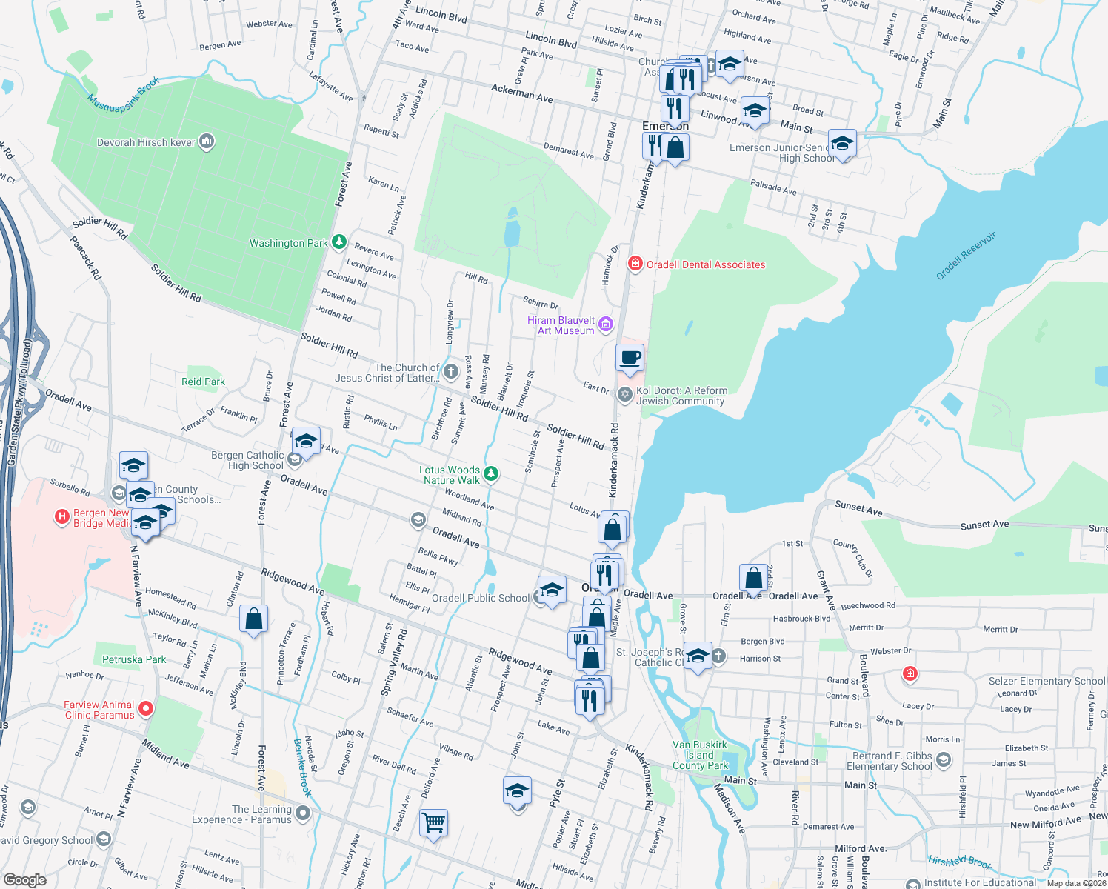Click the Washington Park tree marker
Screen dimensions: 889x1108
[x=338, y=242]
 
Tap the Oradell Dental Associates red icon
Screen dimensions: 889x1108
[x=635, y=264]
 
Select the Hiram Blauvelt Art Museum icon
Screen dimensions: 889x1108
[x=606, y=324]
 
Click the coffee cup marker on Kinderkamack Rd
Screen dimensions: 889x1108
[x=630, y=359]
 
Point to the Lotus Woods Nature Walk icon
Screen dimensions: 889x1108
[x=490, y=473]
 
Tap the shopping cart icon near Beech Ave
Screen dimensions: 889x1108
[x=433, y=822]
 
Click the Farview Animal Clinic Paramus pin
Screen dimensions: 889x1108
[x=146, y=709]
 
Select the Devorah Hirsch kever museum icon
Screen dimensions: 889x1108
[x=207, y=141]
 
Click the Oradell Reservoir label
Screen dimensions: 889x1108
[x=966, y=256]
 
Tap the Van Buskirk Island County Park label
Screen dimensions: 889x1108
[x=700, y=755]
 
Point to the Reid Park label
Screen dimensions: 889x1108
[x=203, y=382]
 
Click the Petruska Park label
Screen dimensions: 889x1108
[x=134, y=659]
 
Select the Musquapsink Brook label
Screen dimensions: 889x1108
[x=123, y=95]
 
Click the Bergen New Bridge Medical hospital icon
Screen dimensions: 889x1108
[x=62, y=516]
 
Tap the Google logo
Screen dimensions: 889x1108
[x=25, y=879]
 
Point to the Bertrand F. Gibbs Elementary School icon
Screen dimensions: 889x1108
[x=943, y=759]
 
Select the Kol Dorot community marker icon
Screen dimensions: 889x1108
[x=625, y=394]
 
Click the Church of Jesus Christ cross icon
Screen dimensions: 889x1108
[x=451, y=371]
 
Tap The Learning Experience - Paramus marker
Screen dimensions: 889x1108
[x=302, y=813]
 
